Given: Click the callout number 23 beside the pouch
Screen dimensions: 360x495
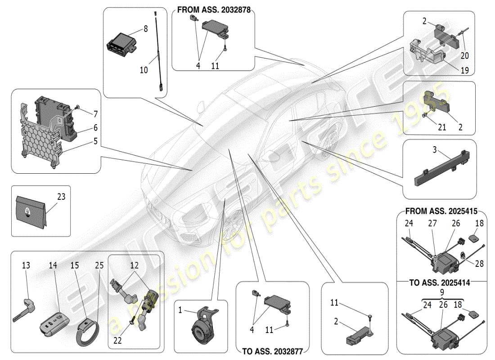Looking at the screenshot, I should pyautogui.click(x=61, y=196).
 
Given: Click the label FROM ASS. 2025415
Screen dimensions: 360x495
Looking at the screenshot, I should pyautogui.click(x=441, y=211).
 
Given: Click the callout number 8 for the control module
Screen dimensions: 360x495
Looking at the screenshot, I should pyautogui.click(x=145, y=28).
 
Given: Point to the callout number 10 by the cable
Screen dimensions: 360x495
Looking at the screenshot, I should pyautogui.click(x=144, y=70).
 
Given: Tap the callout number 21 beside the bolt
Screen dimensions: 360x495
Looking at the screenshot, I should pyautogui.click(x=442, y=127).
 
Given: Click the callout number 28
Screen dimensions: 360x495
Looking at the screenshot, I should pyautogui.click(x=479, y=264).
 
